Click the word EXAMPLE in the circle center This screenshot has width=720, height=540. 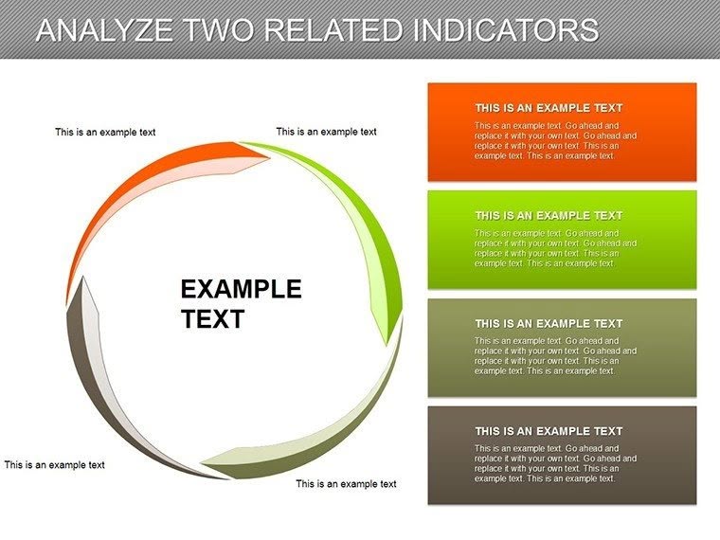pyautogui.click(x=241, y=289)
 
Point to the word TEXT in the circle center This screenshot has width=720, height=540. pyautogui.click(x=212, y=319)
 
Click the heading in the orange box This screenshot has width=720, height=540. pyautogui.click(x=549, y=108)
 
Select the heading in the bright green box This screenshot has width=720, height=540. pyautogui.click(x=549, y=216)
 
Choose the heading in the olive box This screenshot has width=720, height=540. pyautogui.click(x=549, y=324)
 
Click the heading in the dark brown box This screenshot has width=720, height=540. pyautogui.click(x=549, y=432)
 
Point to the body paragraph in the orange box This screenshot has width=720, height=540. pyautogui.click(x=555, y=140)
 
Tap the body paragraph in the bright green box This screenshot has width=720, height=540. pyautogui.click(x=555, y=248)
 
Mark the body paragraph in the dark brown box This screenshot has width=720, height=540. pyautogui.click(x=555, y=463)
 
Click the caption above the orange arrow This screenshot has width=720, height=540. pyautogui.click(x=105, y=133)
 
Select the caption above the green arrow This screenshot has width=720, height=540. pyautogui.click(x=326, y=132)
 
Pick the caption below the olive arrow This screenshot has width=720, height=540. pyautogui.click(x=346, y=484)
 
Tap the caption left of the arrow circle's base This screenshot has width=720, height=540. pyautogui.click(x=54, y=465)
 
